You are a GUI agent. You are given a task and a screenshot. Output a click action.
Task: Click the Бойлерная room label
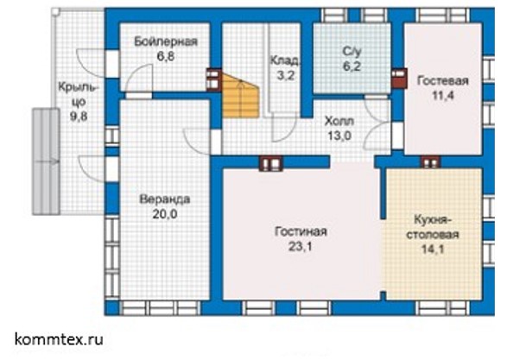pos(166,42)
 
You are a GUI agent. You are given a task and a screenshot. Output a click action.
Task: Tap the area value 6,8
pos(166,57)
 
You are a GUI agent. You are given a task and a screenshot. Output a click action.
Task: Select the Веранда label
pos(165,199)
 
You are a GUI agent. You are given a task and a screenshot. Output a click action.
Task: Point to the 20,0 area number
pos(165,214)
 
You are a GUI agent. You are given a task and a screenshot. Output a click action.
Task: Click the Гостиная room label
pos(301,231)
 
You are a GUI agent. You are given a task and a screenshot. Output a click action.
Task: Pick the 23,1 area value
pos(301,247)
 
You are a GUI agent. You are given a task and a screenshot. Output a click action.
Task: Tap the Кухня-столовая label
pos(433,227)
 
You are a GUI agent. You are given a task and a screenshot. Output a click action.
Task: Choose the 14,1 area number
pos(433,249)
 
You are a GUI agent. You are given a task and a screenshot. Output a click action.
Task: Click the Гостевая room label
pos(443,81)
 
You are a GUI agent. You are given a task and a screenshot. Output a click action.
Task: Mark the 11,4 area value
pos(443,96)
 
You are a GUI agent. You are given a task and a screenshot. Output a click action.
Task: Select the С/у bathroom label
pos(351,51)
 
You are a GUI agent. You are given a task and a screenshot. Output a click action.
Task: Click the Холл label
pos(339,121)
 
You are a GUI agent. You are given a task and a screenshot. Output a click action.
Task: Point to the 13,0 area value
pos(339,136)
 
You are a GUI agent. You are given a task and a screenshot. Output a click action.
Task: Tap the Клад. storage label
pos(285,60)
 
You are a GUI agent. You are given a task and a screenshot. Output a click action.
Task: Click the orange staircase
pos(240,96)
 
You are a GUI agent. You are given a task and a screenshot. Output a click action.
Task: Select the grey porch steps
pos(46,161)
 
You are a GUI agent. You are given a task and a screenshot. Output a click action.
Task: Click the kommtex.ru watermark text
pos(59,339)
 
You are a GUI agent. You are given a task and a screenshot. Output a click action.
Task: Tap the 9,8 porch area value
pos(79,117)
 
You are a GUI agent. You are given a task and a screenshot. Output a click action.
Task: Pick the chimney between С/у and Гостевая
pos(399,79)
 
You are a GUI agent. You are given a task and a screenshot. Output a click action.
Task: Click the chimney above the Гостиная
pos(271,163)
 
